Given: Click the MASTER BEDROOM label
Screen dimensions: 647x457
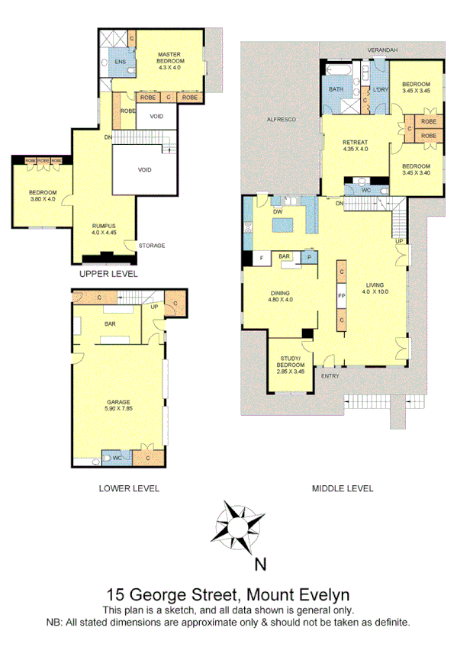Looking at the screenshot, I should pyautogui.click(x=168, y=60).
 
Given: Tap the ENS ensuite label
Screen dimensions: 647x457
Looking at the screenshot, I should pyautogui.click(x=120, y=61).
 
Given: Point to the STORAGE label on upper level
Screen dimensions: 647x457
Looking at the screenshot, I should pyautogui.click(x=152, y=245).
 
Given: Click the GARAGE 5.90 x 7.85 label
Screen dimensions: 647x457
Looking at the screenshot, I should pyautogui.click(x=119, y=405).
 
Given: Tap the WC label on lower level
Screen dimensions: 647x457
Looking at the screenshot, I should pyautogui.click(x=117, y=458).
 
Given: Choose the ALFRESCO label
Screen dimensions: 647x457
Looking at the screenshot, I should pyautogui.click(x=280, y=120).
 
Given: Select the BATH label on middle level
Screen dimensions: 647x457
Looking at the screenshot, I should pyautogui.click(x=336, y=89).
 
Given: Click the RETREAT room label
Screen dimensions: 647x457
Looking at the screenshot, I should pyautogui.click(x=356, y=145).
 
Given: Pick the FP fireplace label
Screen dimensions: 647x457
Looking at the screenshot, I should pyautogui.click(x=342, y=295).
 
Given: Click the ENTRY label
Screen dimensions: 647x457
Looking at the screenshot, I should pyautogui.click(x=330, y=375).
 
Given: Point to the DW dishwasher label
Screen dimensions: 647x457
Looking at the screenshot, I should pyautogui.click(x=278, y=211).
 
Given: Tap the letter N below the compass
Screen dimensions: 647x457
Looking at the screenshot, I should pyautogui.click(x=260, y=565).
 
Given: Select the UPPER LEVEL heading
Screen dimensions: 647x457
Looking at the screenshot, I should pyautogui.click(x=108, y=272).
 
